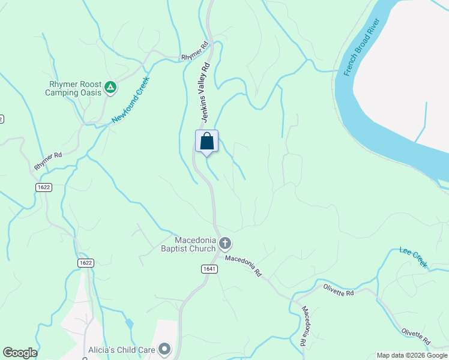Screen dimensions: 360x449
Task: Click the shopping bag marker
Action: point(206,142)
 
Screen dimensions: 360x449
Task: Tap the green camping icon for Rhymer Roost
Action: point(110,88)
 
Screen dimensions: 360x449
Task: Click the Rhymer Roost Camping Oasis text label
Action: point(73,88)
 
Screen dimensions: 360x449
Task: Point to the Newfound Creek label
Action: point(130,100)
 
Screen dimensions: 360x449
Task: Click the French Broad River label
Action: point(363,47)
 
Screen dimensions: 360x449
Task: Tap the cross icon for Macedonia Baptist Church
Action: point(225,244)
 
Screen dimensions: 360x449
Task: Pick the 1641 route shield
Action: point(209,269)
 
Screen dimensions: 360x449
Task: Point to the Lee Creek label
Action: point(414,257)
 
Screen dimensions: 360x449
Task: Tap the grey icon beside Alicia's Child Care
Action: point(164,349)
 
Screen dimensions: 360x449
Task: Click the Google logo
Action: point(20,353)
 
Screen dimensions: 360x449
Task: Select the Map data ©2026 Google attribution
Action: point(412,355)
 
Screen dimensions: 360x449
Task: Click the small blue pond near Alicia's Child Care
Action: point(130,323)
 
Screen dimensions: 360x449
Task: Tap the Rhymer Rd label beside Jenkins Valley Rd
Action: point(194,51)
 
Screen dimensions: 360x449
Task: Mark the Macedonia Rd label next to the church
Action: point(244,265)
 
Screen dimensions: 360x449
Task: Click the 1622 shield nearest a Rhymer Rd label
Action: point(43,187)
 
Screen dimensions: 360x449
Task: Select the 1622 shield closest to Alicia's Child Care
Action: point(86,263)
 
